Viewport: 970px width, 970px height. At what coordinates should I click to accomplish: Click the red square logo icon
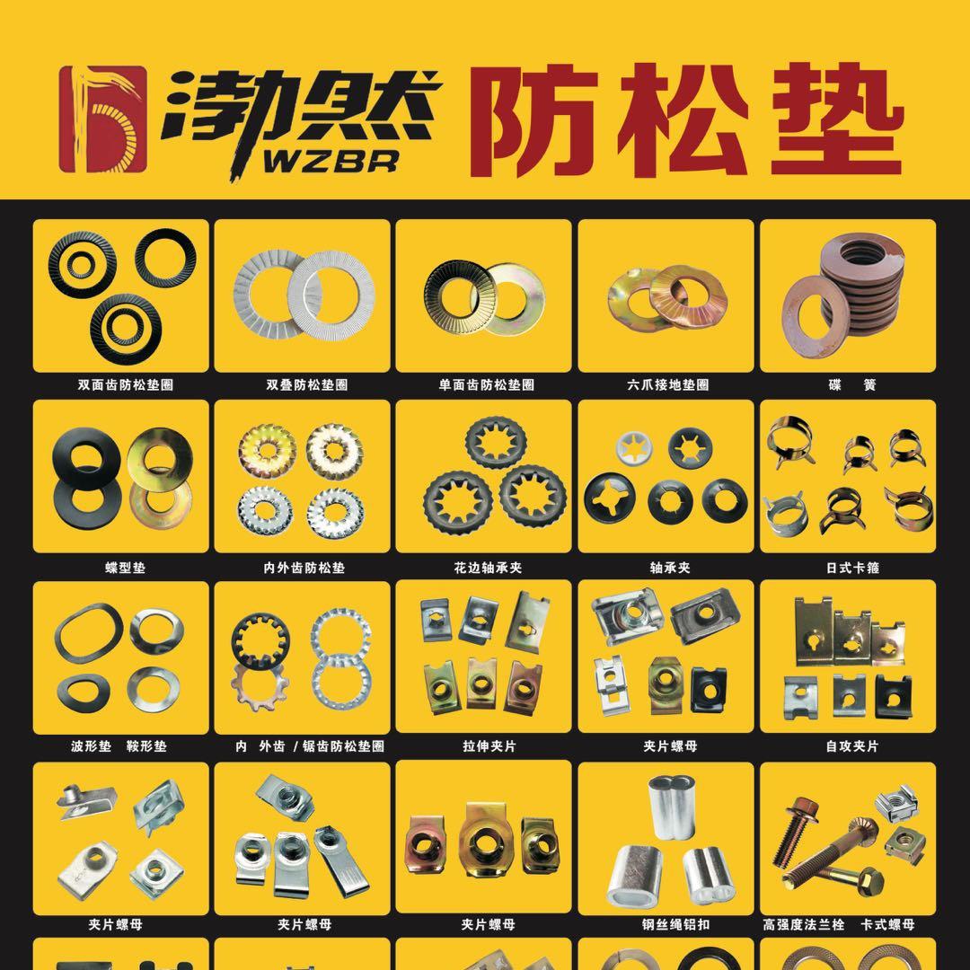click(103, 119)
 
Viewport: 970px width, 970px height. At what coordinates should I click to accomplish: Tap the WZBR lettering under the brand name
click(331, 162)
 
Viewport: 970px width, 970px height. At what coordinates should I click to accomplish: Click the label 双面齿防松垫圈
click(126, 384)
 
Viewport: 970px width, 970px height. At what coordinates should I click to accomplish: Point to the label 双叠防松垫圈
click(307, 384)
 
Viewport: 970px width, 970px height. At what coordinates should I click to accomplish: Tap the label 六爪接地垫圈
click(667, 384)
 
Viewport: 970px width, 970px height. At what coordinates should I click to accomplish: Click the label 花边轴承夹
click(488, 568)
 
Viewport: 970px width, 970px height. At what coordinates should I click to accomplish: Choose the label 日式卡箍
click(852, 568)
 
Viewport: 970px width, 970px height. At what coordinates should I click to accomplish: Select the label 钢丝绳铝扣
click(675, 924)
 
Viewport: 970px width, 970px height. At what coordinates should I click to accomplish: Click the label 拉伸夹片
click(489, 746)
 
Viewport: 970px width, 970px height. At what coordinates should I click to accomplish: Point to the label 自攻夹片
click(851, 746)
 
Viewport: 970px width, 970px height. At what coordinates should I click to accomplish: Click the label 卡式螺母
click(887, 924)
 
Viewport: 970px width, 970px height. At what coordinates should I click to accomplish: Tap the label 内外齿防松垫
click(304, 568)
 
